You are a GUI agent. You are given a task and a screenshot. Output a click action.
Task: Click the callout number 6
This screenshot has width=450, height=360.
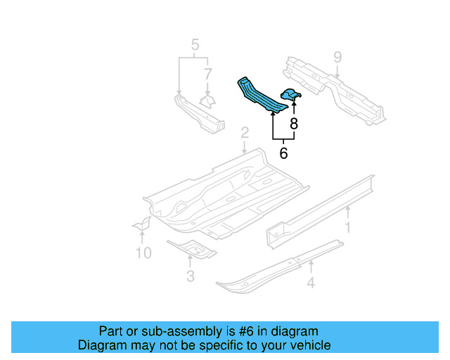click(x=283, y=152)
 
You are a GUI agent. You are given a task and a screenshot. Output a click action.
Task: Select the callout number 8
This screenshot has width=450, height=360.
click(x=294, y=124)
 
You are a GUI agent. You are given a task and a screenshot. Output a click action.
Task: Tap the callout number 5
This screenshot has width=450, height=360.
click(x=194, y=47)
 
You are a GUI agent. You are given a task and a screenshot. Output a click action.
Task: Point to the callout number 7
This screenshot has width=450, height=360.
click(x=207, y=73)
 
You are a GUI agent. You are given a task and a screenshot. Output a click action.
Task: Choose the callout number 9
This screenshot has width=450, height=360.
click(x=337, y=57)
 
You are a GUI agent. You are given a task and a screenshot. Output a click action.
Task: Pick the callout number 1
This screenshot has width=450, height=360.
click(x=347, y=226)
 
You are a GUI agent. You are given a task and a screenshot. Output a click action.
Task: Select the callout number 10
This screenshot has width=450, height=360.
click(x=143, y=252)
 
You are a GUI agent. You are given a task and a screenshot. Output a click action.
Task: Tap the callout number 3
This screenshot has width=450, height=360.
click(x=191, y=276)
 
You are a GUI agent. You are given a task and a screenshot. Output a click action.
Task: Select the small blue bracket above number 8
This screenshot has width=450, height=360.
click(x=292, y=94)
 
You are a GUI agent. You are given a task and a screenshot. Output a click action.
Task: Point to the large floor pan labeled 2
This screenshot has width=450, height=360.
click(x=225, y=193)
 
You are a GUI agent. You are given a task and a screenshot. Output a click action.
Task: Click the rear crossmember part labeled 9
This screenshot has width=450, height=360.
click(x=330, y=88)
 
